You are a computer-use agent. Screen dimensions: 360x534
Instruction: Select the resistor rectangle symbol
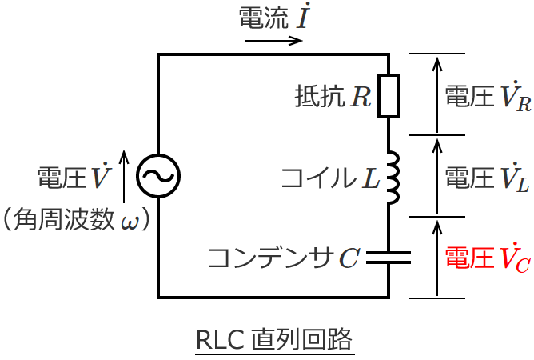pos(388,96)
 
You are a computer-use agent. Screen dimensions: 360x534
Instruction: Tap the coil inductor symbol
pos(391,176)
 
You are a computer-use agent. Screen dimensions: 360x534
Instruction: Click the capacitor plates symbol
pos(388,257)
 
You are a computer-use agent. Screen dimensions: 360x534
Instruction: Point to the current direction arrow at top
pos(273,40)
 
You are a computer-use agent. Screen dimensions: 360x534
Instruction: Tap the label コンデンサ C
pos(283,258)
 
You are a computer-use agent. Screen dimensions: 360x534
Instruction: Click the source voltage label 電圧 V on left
pos(74,178)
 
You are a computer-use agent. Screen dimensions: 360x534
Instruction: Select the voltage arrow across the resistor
pos(436,94)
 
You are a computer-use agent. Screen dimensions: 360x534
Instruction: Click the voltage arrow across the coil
pos(436,176)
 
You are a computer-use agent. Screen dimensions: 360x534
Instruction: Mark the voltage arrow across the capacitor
pos(436,258)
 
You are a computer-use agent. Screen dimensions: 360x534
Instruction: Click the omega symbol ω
pos(129,220)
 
